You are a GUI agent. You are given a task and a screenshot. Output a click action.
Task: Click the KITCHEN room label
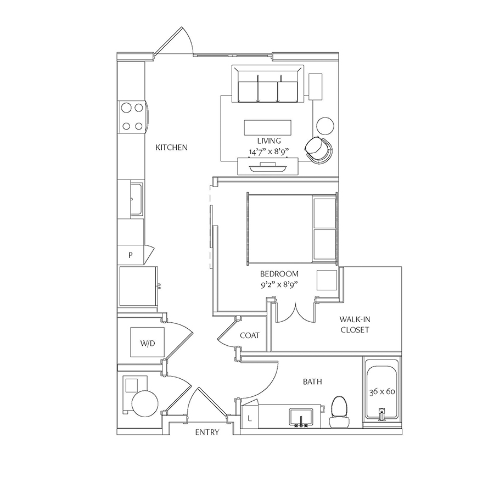(x=171, y=147)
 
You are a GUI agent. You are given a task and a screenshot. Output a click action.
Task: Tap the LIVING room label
(x=269, y=141)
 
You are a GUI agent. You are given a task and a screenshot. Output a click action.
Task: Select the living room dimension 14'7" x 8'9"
(x=269, y=152)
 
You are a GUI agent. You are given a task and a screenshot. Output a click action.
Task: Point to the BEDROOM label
(x=279, y=274)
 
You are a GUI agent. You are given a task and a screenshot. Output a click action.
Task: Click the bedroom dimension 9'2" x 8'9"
(x=279, y=285)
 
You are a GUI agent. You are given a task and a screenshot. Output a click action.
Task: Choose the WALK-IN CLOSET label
(x=355, y=324)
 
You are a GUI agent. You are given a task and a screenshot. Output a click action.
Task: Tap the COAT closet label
(x=250, y=335)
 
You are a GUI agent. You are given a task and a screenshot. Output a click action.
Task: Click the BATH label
(x=312, y=382)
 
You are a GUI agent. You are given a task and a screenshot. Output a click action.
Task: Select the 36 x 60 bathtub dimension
(x=382, y=391)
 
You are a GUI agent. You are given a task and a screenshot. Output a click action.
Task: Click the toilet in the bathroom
(x=339, y=412)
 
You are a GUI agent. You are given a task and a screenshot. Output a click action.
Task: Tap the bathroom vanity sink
(x=301, y=418)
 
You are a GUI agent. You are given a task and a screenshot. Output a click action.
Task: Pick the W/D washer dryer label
(x=148, y=343)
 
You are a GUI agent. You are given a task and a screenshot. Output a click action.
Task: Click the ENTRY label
(x=207, y=433)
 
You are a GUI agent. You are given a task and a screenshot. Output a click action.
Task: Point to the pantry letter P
(x=131, y=255)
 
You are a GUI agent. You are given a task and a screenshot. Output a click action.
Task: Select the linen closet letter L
(x=250, y=419)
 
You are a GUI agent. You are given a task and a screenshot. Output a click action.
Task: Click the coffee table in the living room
(x=267, y=127)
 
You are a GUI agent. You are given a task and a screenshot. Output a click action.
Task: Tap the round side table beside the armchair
(x=325, y=126)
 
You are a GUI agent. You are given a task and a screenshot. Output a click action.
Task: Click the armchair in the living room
(x=318, y=150)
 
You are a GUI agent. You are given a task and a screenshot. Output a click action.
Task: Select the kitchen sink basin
(x=137, y=199)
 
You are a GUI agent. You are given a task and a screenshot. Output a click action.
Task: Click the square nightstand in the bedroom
(x=327, y=280)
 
